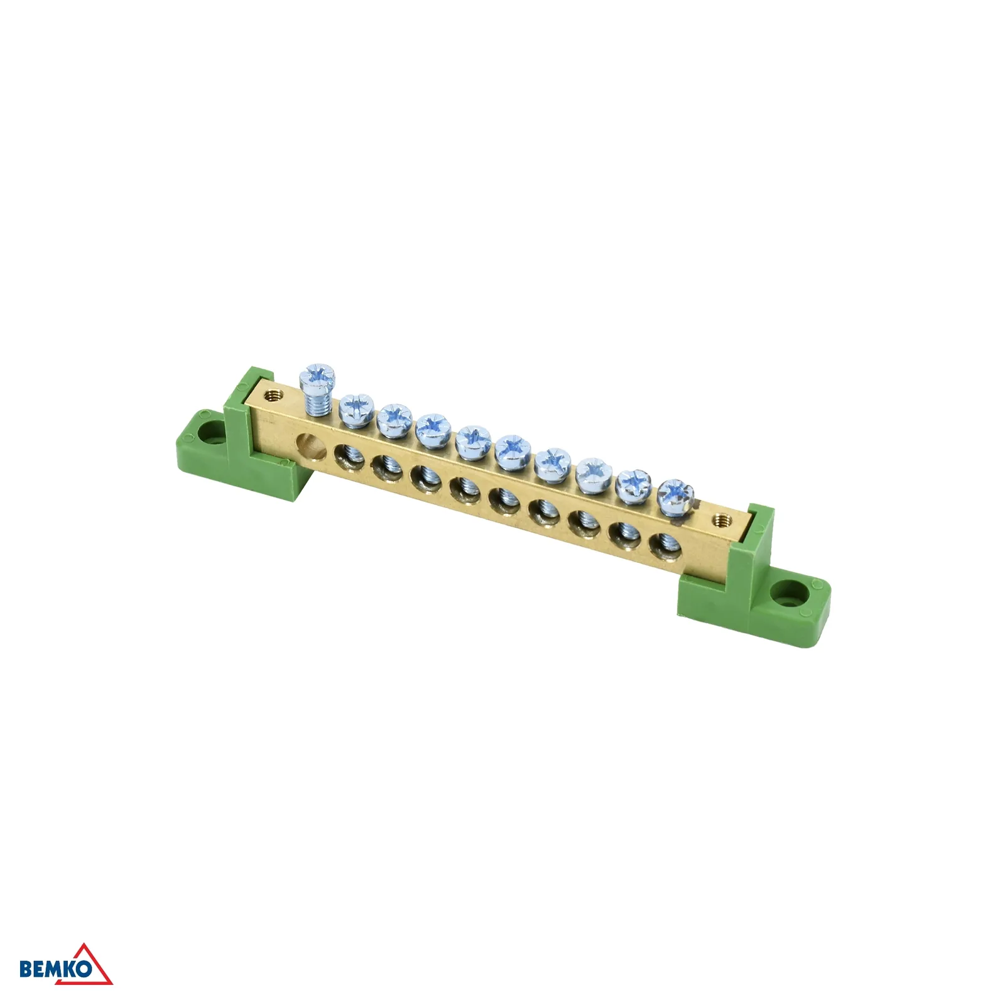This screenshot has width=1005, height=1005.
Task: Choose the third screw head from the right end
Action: pyautogui.click(x=594, y=475)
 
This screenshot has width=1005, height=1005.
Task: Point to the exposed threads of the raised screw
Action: pyautogui.click(x=318, y=403)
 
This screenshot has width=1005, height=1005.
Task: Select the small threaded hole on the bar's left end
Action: pyautogui.click(x=272, y=396)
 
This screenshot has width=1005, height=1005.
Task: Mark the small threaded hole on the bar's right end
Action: pyautogui.click(x=722, y=519)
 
